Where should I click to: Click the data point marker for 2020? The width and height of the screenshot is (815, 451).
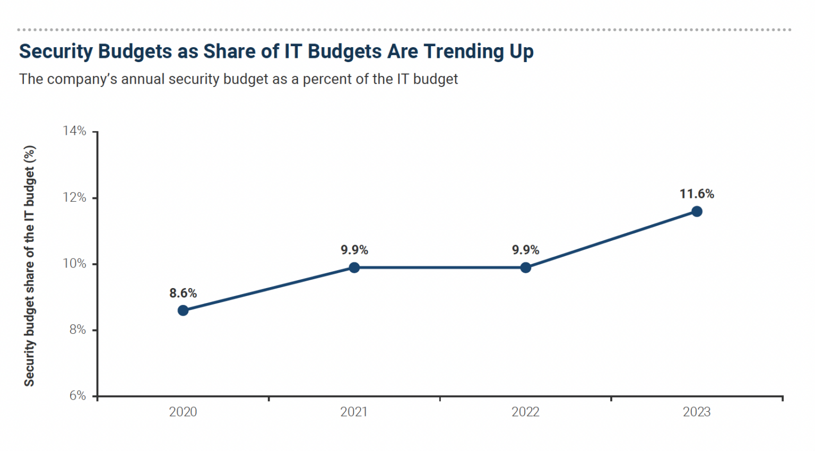click(183, 310)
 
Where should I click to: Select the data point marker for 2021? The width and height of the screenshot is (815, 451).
click(354, 267)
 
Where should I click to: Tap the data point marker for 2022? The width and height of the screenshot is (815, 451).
click(525, 267)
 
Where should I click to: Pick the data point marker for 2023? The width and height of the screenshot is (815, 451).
click(697, 212)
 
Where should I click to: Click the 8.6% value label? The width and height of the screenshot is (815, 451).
click(183, 293)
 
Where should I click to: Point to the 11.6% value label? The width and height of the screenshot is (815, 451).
click(697, 194)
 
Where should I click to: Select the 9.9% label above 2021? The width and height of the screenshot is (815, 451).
click(354, 250)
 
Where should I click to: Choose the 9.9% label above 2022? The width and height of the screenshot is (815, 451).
click(525, 250)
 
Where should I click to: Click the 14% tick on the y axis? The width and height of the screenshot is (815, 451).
click(74, 131)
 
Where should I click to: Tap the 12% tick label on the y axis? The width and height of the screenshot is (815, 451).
click(74, 197)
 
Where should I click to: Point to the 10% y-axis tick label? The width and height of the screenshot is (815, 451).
click(74, 264)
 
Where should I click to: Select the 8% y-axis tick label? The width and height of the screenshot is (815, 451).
click(77, 329)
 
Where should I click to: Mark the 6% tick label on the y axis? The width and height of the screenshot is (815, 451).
click(77, 396)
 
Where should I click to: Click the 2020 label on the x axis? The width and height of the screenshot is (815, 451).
click(183, 412)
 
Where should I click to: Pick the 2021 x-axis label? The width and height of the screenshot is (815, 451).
click(354, 412)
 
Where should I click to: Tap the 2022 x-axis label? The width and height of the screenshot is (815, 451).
click(525, 412)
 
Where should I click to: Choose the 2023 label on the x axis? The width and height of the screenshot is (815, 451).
click(697, 412)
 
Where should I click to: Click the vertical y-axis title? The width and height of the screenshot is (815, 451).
click(29, 265)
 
